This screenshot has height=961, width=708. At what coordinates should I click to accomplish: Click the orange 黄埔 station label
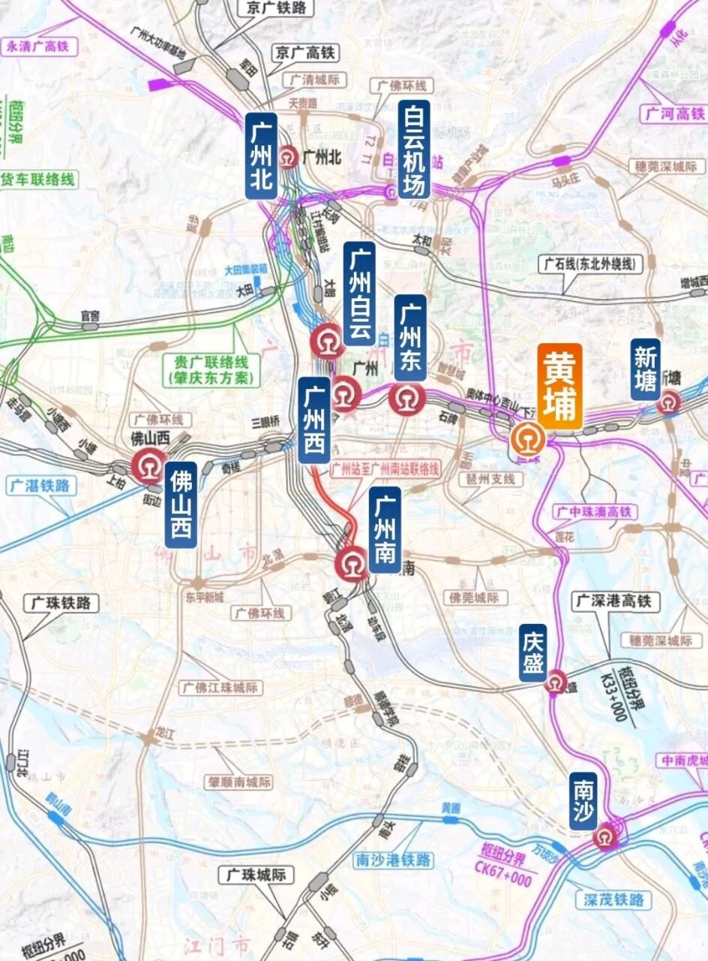click(x=559, y=387)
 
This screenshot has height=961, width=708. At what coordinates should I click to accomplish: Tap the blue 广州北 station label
click(x=261, y=156)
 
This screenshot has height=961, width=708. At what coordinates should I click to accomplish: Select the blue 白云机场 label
click(x=414, y=149)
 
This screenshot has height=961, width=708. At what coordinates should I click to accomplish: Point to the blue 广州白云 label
click(x=360, y=293)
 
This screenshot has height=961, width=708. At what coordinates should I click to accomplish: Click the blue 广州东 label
click(x=410, y=337)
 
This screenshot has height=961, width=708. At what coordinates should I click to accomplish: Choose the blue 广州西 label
click(x=313, y=420)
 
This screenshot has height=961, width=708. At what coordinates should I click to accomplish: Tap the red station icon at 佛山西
click(x=148, y=465)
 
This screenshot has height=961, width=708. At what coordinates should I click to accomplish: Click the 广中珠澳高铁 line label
click(x=594, y=513)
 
